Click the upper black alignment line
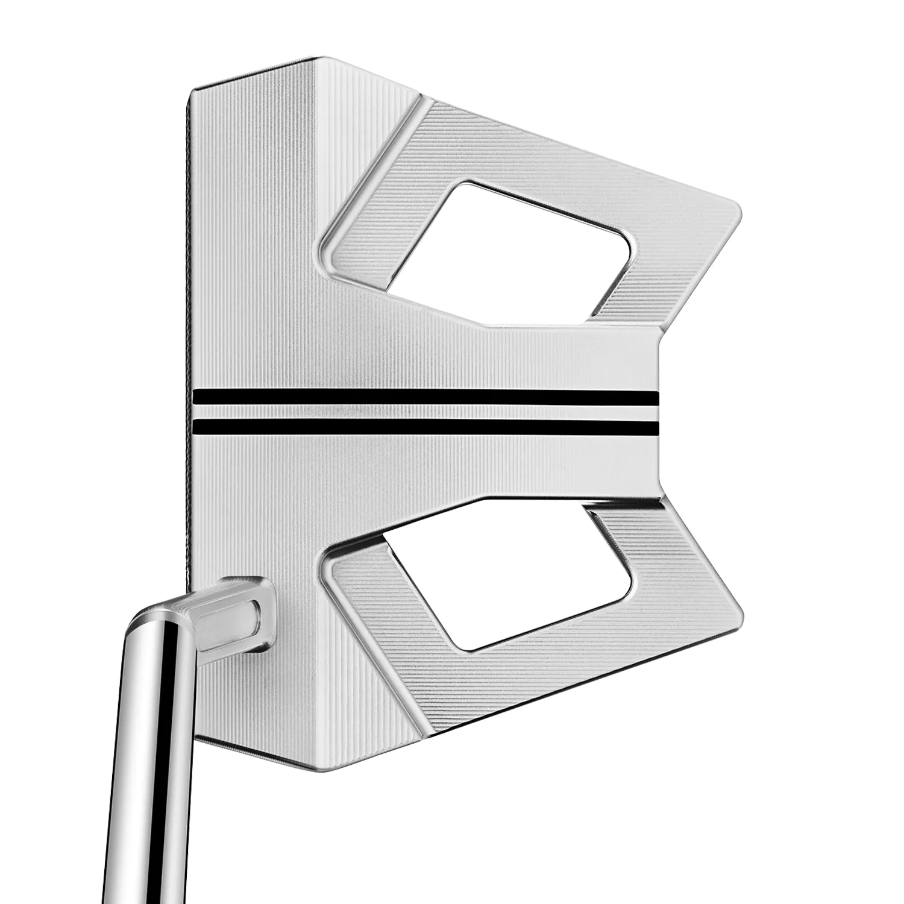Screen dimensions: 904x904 coord(422,398)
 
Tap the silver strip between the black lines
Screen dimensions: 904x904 coord(422,412)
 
